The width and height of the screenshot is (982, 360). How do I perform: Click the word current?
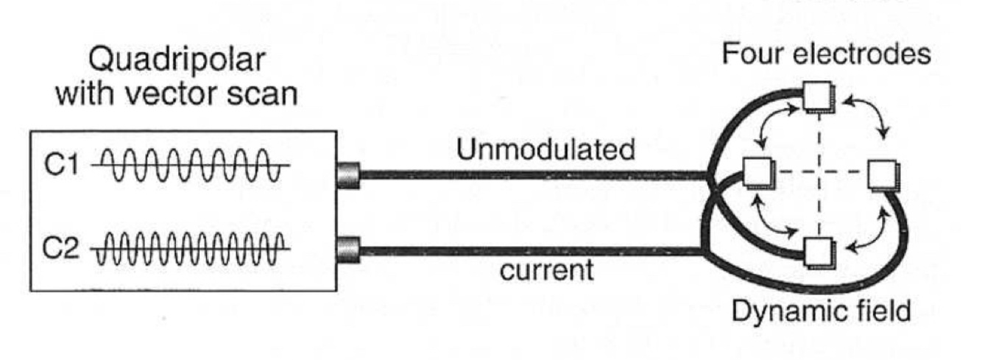[545, 269]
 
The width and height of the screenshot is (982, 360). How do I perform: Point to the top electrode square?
[815, 95]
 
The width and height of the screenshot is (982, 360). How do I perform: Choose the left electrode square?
[756, 173]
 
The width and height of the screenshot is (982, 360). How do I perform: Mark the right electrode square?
[880, 174]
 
